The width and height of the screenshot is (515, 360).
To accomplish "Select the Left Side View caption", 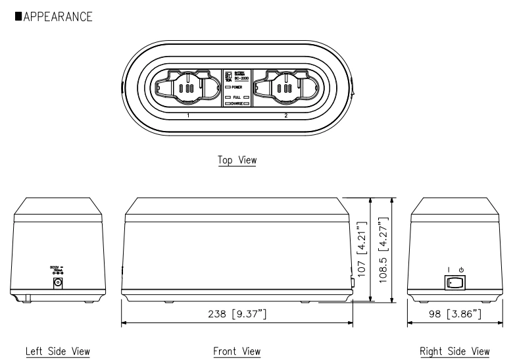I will point(58,351).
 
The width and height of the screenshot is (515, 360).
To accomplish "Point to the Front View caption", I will point(237,351).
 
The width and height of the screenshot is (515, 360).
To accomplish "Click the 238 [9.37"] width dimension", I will point(237,314).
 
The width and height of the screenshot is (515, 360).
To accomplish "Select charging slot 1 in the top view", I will point(186,88).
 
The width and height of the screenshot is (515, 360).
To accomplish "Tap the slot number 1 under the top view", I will point(187,115).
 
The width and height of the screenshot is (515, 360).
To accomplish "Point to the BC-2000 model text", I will point(240,78).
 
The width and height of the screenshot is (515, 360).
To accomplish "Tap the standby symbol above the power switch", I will point(462,269).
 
